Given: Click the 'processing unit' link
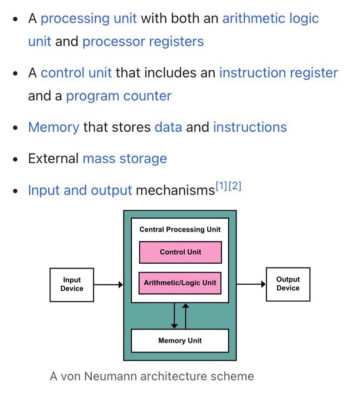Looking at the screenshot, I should (x=89, y=18).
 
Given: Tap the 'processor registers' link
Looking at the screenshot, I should (x=143, y=41).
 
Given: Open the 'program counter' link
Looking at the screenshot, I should (x=119, y=95).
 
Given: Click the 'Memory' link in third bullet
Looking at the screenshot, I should (x=53, y=127).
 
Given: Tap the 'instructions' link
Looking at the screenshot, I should (x=250, y=127).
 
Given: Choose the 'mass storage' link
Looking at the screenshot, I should (x=124, y=158).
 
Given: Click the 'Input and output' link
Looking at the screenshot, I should (x=80, y=190).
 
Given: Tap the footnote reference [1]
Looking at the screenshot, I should (x=221, y=187).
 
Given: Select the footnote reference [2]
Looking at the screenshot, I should (x=235, y=187).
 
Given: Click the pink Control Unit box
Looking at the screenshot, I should (x=180, y=252).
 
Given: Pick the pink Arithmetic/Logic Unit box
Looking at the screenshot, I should (x=180, y=282).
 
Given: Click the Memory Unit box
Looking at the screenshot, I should (x=180, y=340).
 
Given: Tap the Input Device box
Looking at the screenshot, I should (x=72, y=284).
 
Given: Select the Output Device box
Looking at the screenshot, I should (x=288, y=284).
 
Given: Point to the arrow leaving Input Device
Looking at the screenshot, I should (x=109, y=285).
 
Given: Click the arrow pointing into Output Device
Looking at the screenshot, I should (x=251, y=284).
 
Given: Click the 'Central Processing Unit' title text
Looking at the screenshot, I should (x=180, y=229).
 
